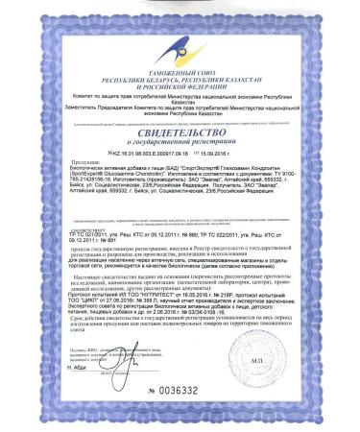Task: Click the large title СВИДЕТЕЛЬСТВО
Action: click(x=180, y=134)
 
